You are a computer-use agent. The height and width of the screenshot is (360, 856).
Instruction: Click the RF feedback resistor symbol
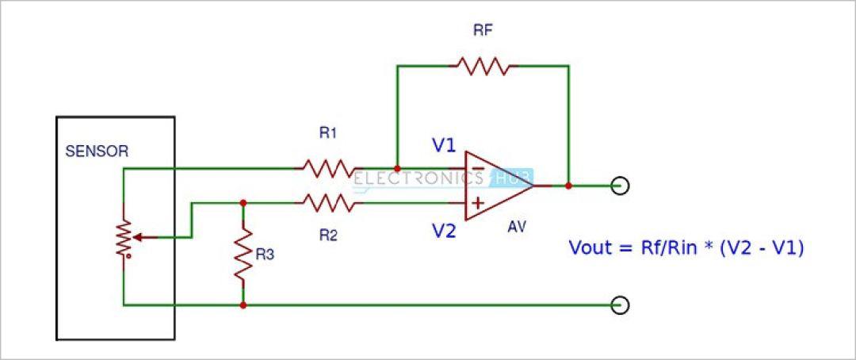coord(483,66)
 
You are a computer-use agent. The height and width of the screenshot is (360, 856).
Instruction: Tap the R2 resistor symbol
coord(329,203)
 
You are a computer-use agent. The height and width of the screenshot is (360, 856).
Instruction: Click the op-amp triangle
coord(499,186)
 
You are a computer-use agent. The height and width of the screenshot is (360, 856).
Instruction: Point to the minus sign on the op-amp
coord(478,168)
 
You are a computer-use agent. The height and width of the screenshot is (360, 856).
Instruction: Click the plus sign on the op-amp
coord(478,203)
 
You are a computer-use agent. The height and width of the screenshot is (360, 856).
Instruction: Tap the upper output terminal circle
coord(620,186)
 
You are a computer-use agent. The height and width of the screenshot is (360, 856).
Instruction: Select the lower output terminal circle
coord(620,304)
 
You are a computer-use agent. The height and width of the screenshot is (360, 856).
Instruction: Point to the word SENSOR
coord(97,152)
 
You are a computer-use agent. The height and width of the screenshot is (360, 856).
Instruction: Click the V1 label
coord(444,147)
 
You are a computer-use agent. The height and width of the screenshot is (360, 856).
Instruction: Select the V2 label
coord(444,232)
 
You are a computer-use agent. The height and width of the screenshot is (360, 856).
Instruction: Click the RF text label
coord(483,31)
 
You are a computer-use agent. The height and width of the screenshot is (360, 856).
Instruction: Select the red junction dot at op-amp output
coord(568,186)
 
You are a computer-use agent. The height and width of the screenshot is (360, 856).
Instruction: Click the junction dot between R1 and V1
coord(397,168)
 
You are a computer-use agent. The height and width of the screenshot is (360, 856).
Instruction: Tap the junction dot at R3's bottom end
coord(243,304)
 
